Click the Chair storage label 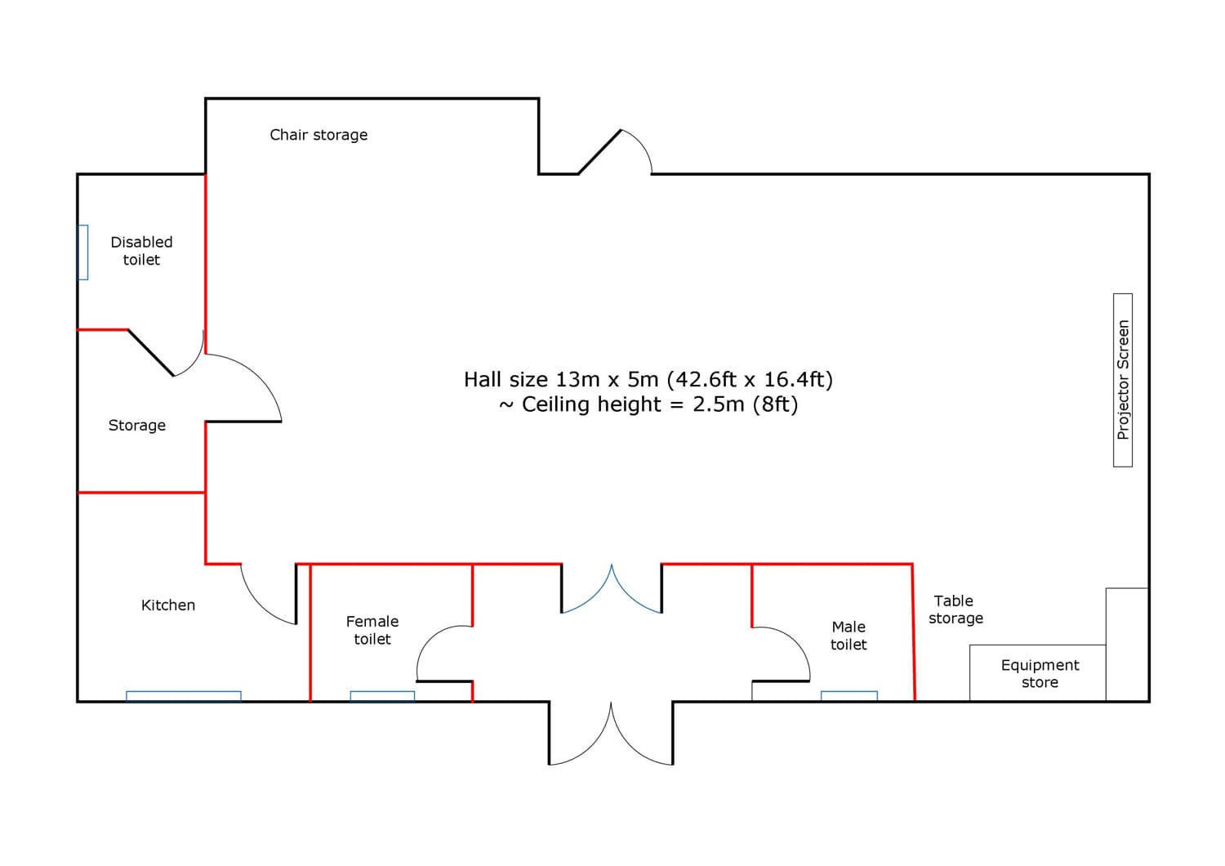[x=318, y=135]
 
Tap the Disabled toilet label [x=141, y=251]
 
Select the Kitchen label [x=168, y=605]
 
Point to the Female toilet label [x=372, y=630]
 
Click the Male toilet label [x=849, y=636]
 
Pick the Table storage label [x=955, y=609]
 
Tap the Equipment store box [x=1038, y=673]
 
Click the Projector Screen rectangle [x=1123, y=380]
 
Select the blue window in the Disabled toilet [x=83, y=252]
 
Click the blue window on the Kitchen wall [x=184, y=696]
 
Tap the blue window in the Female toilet [x=382, y=696]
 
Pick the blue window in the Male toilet [x=849, y=696]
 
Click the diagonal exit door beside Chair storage [x=599, y=152]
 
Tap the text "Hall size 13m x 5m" [x=560, y=379]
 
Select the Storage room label [x=136, y=425]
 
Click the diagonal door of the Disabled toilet [x=151, y=353]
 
